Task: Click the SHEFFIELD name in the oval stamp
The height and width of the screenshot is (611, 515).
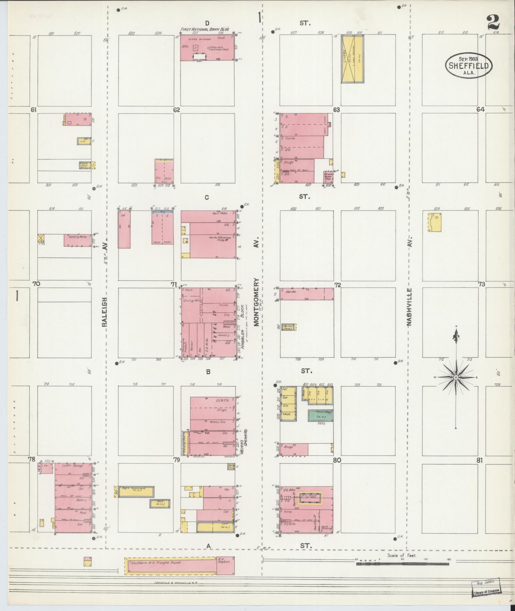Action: pyautogui.click(x=469, y=66)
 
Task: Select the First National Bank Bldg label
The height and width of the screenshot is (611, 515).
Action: pyautogui.click(x=205, y=29)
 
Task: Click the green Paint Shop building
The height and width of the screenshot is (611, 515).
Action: pyautogui.click(x=320, y=415)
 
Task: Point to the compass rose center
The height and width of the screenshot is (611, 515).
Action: pyautogui.click(x=456, y=378)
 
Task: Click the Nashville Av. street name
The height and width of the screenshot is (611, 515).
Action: pyautogui.click(x=410, y=307)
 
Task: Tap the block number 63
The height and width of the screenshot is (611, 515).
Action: pyautogui.click(x=336, y=110)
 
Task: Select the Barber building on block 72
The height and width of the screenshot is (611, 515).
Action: pyautogui.click(x=289, y=327)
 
